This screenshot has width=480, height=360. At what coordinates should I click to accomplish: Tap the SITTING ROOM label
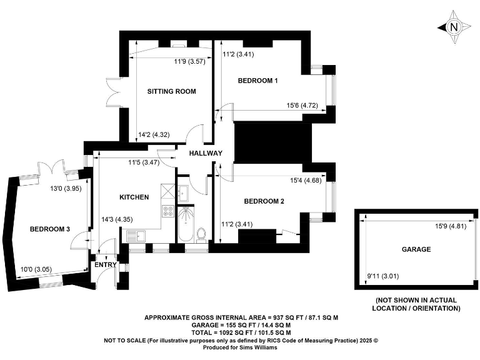point(171,91)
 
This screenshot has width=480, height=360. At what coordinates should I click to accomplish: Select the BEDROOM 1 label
point(257,81)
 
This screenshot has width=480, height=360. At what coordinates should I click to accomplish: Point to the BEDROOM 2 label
point(264,201)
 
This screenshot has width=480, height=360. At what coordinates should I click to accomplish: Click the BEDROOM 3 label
point(49,229)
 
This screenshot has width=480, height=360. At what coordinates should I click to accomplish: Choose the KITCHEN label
point(134,197)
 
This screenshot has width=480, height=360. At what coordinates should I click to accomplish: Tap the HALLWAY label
point(207,153)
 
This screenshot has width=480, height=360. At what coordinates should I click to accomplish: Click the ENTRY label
point(105,265)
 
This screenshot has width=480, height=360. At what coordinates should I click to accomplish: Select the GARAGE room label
point(416,249)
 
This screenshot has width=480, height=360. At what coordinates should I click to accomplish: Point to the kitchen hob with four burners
point(168,211)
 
